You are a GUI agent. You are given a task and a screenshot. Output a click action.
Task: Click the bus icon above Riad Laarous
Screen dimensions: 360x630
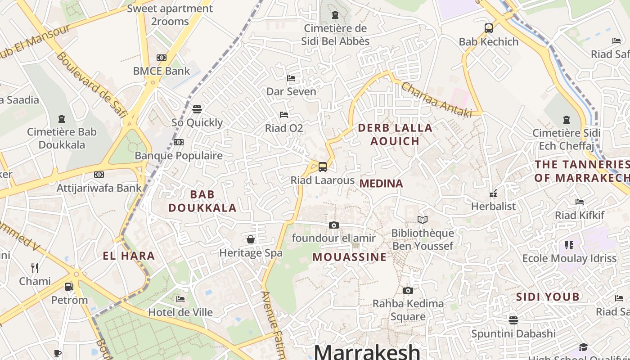[x=322, y=167]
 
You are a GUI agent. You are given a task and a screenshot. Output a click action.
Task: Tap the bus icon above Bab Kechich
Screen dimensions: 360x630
[x=489, y=28]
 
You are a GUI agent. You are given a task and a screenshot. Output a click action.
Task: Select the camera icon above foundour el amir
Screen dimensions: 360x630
[x=333, y=225]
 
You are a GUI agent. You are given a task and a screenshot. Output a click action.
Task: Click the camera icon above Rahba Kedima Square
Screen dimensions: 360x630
[x=408, y=291]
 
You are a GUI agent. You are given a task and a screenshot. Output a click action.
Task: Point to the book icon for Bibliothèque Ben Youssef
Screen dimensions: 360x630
[x=422, y=220]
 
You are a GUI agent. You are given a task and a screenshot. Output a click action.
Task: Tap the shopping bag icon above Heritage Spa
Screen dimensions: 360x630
[x=251, y=239]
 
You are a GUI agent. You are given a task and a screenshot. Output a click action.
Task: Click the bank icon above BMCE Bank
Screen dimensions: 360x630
[x=162, y=58]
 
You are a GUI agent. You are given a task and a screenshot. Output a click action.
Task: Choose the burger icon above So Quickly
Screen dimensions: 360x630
[x=197, y=109]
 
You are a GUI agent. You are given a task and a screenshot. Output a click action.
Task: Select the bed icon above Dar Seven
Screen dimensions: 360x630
[x=291, y=78]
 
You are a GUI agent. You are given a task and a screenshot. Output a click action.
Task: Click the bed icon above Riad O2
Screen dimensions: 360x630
[x=284, y=115]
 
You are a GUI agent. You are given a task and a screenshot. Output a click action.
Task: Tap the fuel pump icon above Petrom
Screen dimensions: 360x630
[x=69, y=287]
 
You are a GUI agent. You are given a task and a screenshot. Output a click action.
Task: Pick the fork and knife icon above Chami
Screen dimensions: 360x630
[x=35, y=268]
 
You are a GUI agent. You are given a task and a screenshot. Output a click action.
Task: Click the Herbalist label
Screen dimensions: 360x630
[x=493, y=207]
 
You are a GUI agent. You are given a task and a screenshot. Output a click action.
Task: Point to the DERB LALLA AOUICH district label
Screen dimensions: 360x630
[x=395, y=134]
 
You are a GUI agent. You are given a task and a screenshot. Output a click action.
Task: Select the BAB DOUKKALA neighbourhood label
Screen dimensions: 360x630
[x=202, y=201]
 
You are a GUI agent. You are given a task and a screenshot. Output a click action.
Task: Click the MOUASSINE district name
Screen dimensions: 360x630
[x=350, y=257]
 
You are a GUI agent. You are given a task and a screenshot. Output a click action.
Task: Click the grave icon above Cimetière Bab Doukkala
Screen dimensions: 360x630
[x=62, y=119]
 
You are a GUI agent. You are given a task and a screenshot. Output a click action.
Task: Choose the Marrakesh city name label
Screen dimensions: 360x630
[x=367, y=351]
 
